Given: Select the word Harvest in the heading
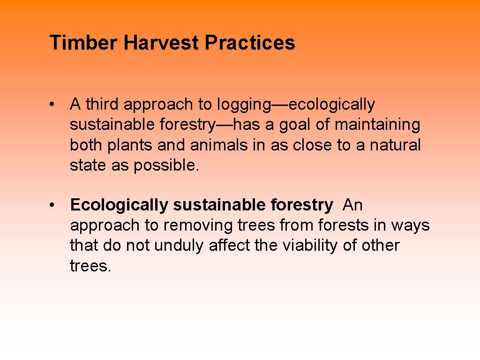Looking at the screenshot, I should pos(161,43).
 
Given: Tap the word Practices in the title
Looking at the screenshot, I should pos(250,43).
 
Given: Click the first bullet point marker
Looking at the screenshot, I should pos(55,105).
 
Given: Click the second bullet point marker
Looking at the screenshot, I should pos(55,205).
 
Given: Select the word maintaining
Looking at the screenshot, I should pos(377,125).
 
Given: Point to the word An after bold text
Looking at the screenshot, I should pos(352,205).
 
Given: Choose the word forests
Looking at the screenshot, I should pos(344,225).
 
